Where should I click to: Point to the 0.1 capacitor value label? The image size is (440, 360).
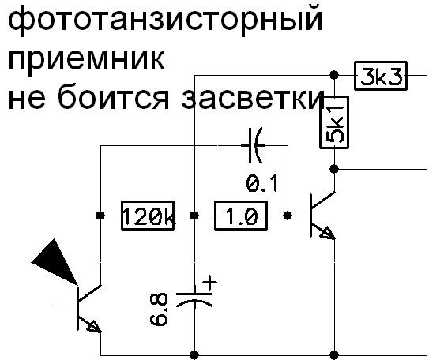262,184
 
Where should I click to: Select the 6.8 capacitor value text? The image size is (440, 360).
159,309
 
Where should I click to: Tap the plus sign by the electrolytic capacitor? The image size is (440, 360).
209,283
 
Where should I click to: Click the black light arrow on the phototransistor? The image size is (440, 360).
56,262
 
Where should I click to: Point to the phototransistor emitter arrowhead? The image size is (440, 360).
94,327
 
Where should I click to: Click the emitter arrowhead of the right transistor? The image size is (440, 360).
328,233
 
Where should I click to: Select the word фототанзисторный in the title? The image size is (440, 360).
165,20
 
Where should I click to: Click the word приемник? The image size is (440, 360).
86,60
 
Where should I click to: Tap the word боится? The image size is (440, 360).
114,96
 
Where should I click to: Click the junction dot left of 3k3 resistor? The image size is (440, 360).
334,75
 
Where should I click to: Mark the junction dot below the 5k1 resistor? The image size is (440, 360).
334,169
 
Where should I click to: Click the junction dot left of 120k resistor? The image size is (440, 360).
100,216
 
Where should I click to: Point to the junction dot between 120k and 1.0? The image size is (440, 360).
194,216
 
